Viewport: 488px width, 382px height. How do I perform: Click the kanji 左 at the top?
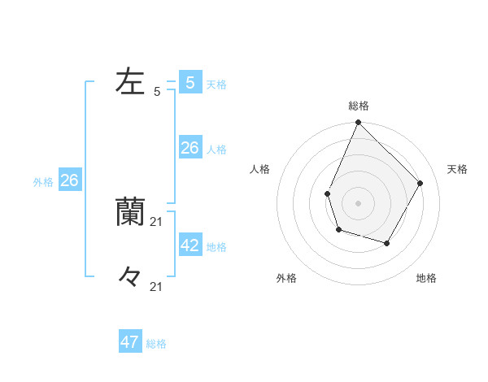130,81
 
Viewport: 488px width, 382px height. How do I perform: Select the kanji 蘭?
130,211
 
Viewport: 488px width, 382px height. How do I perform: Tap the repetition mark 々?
130,277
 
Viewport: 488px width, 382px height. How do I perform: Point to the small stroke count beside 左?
157,92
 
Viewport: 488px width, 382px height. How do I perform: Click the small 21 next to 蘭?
157,221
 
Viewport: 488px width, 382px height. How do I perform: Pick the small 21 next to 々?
157,286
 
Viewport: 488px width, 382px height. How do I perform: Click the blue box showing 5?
190,82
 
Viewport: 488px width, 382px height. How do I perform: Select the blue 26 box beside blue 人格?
190,147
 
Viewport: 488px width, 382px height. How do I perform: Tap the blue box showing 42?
190,245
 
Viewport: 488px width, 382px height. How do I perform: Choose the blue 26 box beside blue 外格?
69,180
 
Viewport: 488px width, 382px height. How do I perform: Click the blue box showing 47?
130,342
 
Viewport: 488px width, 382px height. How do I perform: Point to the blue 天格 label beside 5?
216,85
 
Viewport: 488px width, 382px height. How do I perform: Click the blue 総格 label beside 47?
156,345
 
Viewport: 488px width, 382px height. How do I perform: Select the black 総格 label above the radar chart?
358,106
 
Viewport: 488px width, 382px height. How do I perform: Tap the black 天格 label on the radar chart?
458,169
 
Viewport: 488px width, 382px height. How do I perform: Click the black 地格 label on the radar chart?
426,279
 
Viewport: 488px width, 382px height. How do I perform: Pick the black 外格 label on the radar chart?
286,279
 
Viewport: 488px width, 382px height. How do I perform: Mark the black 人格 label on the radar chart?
260,169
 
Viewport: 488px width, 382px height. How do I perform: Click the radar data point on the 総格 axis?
358,123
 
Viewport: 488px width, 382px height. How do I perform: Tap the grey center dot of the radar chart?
358,202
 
